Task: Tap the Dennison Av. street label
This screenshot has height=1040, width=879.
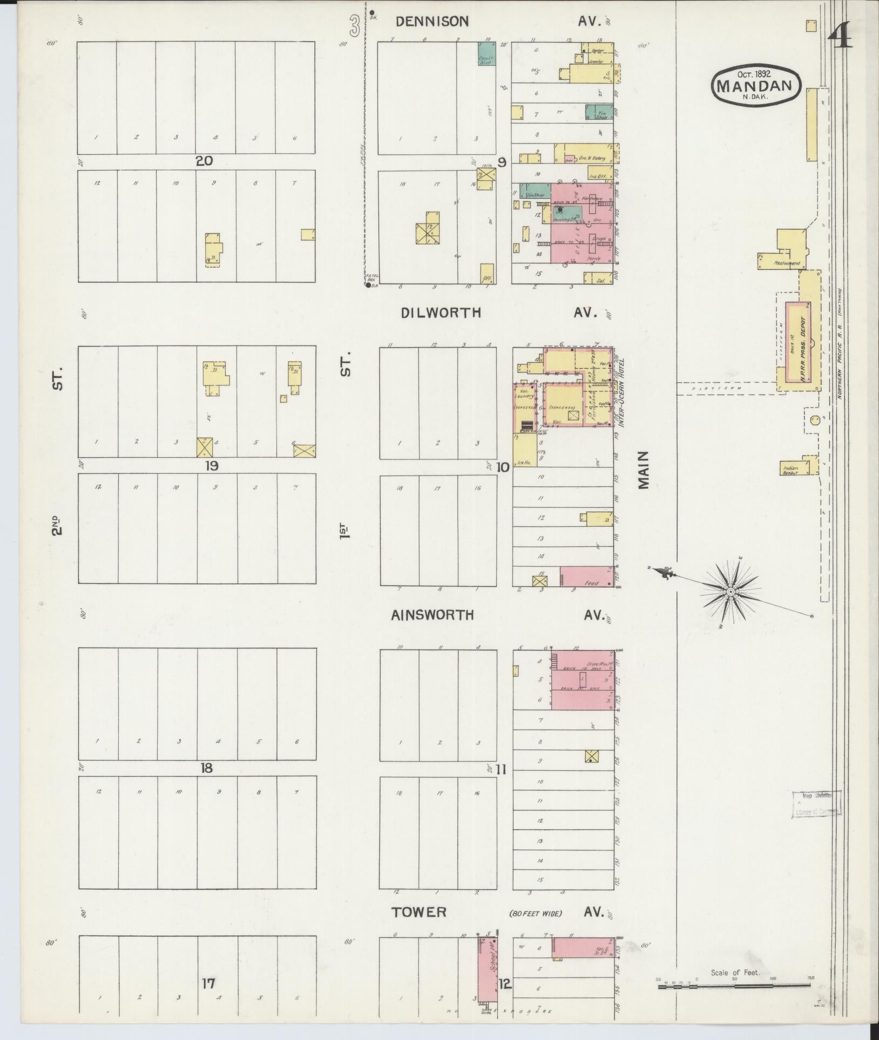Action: coord(432,21)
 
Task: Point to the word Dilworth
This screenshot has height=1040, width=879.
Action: coord(441,313)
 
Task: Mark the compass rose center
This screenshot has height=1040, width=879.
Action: coord(731,592)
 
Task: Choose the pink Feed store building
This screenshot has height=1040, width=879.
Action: coord(587,576)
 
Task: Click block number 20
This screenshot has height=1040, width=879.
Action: coord(205,160)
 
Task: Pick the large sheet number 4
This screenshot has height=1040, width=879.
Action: coord(840,37)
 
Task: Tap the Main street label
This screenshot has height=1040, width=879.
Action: coord(643,470)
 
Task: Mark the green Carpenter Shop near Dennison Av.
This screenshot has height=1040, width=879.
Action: coord(487,54)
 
